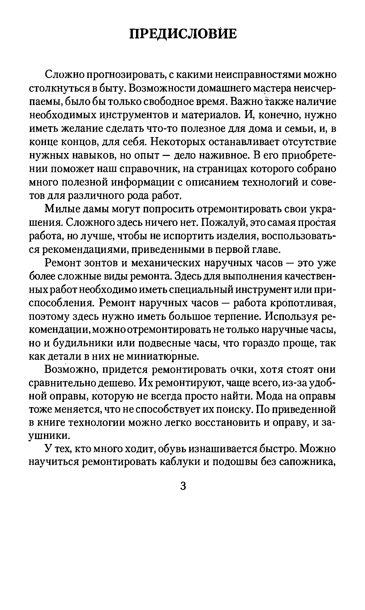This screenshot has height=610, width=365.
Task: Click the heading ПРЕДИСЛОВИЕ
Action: tap(182, 34)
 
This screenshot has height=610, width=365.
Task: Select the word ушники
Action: tap(49, 436)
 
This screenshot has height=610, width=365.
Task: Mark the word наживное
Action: tap(224, 155)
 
